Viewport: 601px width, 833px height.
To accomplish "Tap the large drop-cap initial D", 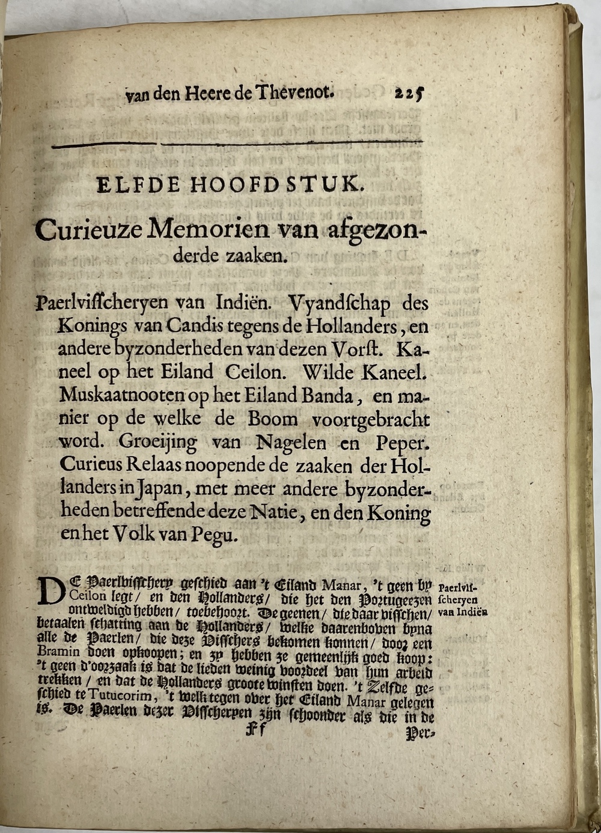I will pos(49,590).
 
